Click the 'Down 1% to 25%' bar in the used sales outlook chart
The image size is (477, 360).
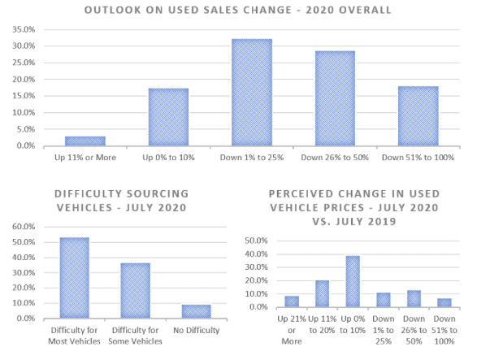pyautogui.click(x=252, y=92)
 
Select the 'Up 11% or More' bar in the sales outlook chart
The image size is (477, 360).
pyautogui.click(x=85, y=141)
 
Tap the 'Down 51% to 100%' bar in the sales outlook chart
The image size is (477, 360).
pyautogui.click(x=418, y=116)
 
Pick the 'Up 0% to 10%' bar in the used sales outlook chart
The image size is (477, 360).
pyautogui.click(x=168, y=117)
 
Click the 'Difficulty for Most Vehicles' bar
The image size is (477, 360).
pyautogui.click(x=75, y=278)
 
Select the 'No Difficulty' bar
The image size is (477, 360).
pyautogui.click(x=196, y=311)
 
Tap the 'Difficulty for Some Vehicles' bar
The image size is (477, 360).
pyautogui.click(x=136, y=291)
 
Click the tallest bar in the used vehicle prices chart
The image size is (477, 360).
pyautogui.click(x=353, y=281)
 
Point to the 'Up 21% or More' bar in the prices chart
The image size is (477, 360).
pyautogui.click(x=292, y=301)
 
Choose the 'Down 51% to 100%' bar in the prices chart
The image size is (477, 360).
pyautogui.click(x=444, y=303)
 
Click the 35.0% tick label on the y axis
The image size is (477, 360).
pyautogui.click(x=24, y=29)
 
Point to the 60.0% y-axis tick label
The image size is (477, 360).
pyautogui.click(x=24, y=227)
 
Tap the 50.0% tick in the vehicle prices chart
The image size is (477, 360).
pyautogui.click(x=256, y=241)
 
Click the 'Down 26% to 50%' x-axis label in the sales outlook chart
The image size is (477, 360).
pyautogui.click(x=335, y=158)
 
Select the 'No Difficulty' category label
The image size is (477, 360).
pyautogui.click(x=196, y=330)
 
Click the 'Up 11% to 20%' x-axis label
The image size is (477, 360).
pyautogui.click(x=322, y=324)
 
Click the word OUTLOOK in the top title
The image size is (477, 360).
pyautogui.click(x=113, y=10)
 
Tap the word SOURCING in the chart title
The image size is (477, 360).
pyautogui.click(x=158, y=194)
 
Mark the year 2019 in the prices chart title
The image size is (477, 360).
pyautogui.click(x=382, y=221)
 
